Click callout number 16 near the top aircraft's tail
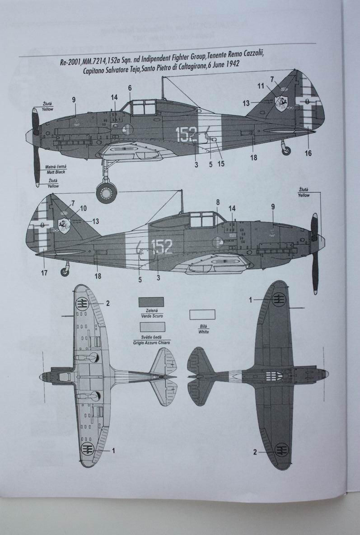[x=308, y=154]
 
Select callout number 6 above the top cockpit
[x=130, y=87]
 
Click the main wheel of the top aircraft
[x=107, y=193]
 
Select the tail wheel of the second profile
[x=66, y=271]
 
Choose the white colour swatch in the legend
[x=201, y=314]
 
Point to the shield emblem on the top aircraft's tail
[x=281, y=102]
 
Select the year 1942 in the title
[x=230, y=65]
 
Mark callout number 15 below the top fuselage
[x=220, y=164]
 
